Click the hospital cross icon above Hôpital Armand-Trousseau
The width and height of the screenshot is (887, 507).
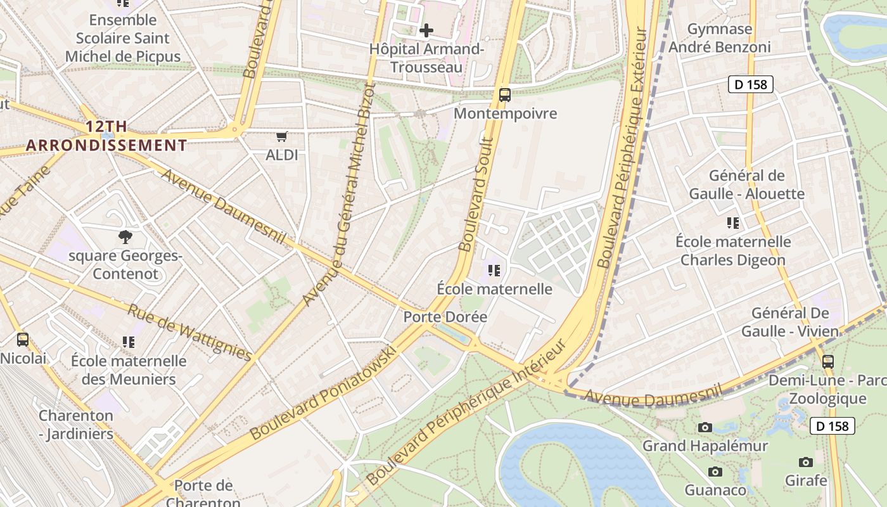(x=426, y=30)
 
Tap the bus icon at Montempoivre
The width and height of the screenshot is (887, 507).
(x=504, y=95)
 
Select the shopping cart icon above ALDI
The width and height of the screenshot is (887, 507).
(x=282, y=136)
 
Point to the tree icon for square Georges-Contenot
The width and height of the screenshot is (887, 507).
(x=125, y=237)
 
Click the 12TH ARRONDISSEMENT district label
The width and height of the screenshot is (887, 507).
(x=106, y=136)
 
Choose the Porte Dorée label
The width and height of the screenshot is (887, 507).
(x=445, y=316)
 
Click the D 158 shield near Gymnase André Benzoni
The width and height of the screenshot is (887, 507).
(x=751, y=84)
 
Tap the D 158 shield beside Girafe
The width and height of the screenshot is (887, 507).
(x=833, y=426)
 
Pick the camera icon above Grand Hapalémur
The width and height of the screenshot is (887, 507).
(x=705, y=428)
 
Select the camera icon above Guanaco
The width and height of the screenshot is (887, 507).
(x=715, y=472)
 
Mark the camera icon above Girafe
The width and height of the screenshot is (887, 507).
(x=806, y=462)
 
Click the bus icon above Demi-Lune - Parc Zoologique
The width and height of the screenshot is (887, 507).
(x=827, y=362)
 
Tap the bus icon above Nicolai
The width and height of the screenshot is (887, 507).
(x=23, y=340)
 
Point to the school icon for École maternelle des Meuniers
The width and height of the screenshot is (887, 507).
(x=129, y=342)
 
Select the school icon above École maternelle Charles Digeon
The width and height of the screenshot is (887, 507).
(x=733, y=223)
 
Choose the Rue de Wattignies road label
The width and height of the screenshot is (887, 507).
(x=189, y=332)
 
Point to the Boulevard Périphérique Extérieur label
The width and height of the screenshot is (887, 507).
(x=623, y=147)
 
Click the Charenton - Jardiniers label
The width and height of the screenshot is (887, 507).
(x=76, y=425)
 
